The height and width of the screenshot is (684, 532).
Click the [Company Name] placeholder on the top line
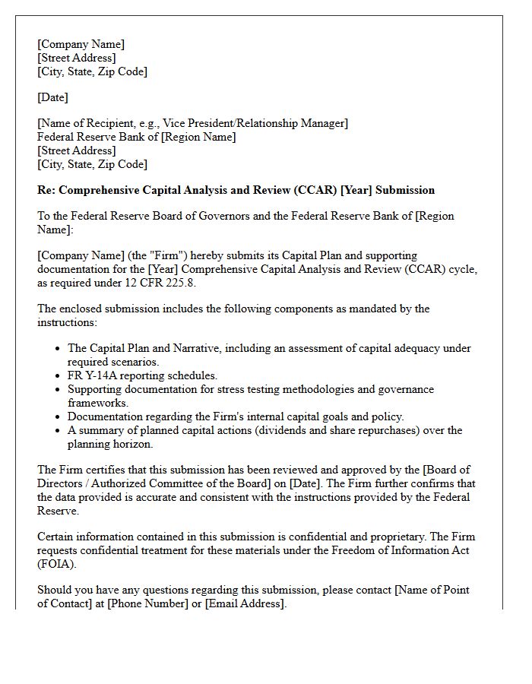tap(81, 44)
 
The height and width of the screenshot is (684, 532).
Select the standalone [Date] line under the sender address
tap(52, 97)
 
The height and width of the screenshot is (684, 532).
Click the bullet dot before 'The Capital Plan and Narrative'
tap(59, 349)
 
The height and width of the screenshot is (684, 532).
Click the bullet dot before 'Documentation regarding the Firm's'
tap(59, 417)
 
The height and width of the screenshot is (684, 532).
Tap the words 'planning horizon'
tap(110, 444)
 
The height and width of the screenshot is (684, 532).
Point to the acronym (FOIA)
tap(57, 564)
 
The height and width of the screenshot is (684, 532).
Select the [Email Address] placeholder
tap(245, 603)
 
